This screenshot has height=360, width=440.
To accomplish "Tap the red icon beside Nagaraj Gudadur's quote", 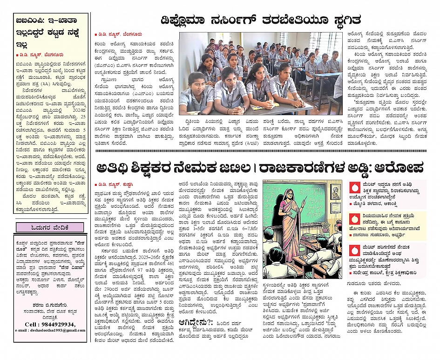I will pyautogui.click(x=356, y=219).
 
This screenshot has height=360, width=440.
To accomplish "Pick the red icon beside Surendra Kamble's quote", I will pyautogui.click(x=356, y=251).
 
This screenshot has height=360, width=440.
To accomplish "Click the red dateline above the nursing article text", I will pyautogui.click(x=117, y=34).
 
